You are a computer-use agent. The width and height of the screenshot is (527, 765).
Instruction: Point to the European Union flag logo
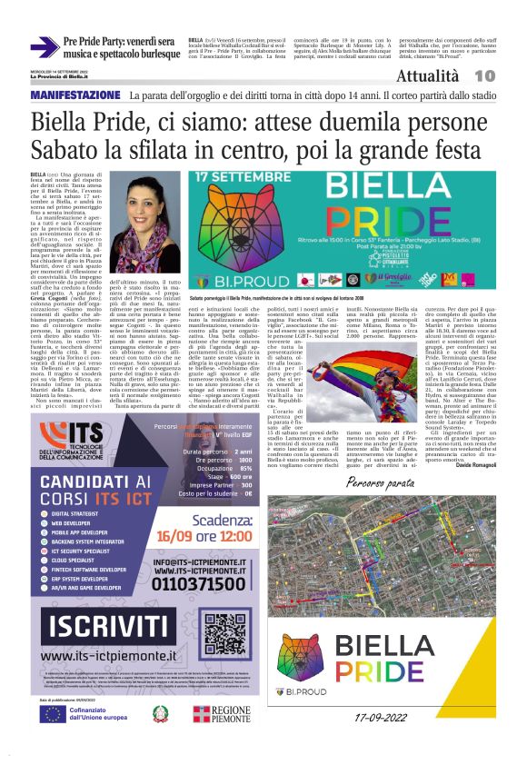pos(52,713)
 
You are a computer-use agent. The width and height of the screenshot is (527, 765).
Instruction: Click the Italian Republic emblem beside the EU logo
pos(160,713)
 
